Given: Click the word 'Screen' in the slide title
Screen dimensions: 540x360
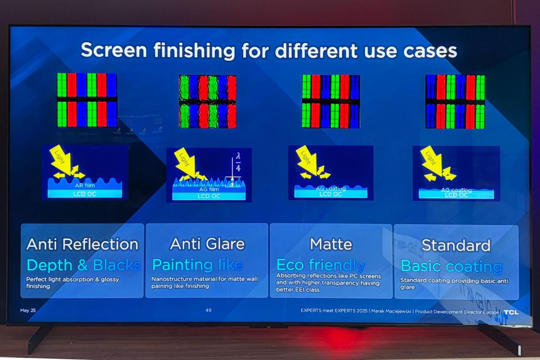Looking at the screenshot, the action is pos(114,50).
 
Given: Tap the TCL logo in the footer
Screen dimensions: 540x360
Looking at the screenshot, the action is pos(511,312).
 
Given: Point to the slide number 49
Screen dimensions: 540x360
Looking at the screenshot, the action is pos(209,310).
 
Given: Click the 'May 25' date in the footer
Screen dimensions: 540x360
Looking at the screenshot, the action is pos(28,310).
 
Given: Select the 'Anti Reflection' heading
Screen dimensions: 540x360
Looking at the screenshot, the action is pos(82,244).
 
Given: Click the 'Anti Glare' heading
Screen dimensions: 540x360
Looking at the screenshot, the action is pos(207,244).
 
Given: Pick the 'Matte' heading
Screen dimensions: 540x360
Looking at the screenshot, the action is pos(331,244).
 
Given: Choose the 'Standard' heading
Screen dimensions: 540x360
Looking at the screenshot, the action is pos(456,245).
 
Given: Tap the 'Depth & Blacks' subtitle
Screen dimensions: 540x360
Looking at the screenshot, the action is pos(83,265).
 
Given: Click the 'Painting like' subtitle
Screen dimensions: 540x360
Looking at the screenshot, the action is pos(197,265).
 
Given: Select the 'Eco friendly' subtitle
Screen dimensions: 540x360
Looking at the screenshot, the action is pos(321,264).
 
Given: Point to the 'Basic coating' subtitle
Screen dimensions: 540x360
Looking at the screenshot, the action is pos(451,266).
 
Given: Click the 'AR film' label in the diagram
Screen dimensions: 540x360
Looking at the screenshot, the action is pos(85,185).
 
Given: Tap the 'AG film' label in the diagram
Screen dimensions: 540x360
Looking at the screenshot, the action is pos(209,189).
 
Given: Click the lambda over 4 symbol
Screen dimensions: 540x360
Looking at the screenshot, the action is pos(238,162).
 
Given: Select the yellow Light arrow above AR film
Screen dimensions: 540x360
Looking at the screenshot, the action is pos(61,159).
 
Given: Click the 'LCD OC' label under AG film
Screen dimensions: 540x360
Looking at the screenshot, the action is pos(209,196).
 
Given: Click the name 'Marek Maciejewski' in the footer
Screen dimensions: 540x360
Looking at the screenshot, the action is pos(391,311).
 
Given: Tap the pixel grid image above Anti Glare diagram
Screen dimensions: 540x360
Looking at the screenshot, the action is pos(207,101).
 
